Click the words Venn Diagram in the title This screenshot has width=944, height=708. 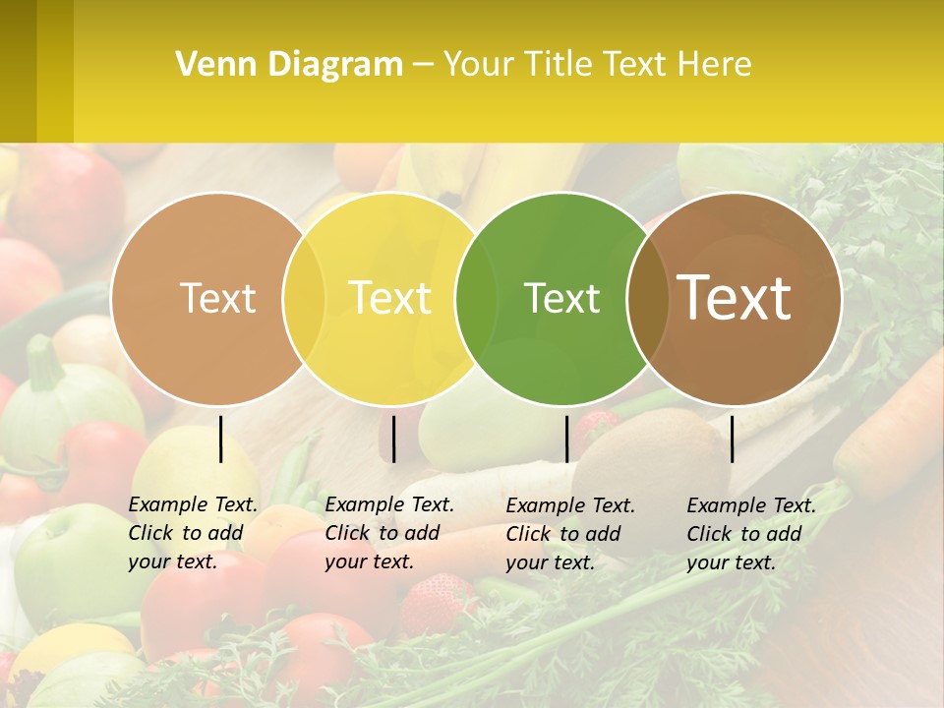pyautogui.click(x=289, y=65)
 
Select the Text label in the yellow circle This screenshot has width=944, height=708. pyautogui.click(x=389, y=298)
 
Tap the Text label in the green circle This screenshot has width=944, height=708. pyautogui.click(x=561, y=298)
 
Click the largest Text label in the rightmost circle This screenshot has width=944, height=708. pyautogui.click(x=735, y=297)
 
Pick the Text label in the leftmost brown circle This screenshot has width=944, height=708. pyautogui.click(x=217, y=298)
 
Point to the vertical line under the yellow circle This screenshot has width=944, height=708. pyautogui.click(x=393, y=439)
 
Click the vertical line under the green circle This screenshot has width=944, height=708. pyautogui.click(x=566, y=439)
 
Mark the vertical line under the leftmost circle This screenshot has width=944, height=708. pyautogui.click(x=221, y=439)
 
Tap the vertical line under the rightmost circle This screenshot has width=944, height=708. pyautogui.click(x=733, y=439)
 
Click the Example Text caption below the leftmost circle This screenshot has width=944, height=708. pyautogui.click(x=193, y=533)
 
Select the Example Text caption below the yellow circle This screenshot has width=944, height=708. pyautogui.click(x=389, y=533)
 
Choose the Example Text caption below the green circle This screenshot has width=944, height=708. pyautogui.click(x=570, y=534)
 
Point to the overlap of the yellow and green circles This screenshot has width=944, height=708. pyautogui.click(x=477, y=298)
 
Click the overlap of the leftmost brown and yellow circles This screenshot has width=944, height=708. pyautogui.click(x=304, y=298)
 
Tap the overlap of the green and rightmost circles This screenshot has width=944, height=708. pyautogui.click(x=648, y=298)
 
